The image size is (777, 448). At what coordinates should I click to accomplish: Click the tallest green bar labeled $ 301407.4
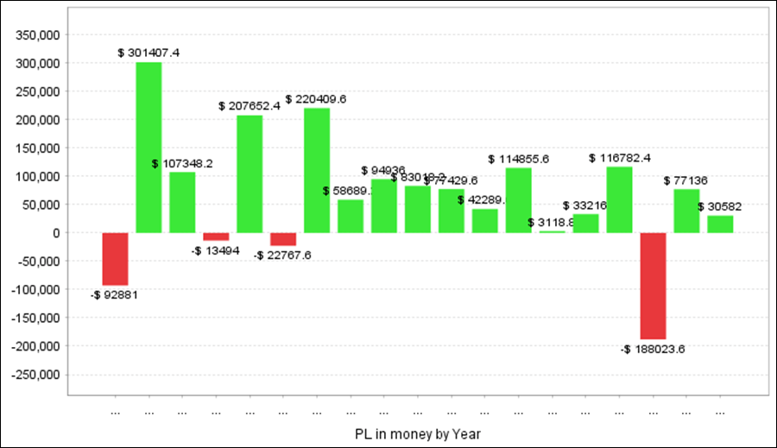click(x=148, y=147)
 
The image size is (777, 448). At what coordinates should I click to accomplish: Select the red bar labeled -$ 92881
click(x=115, y=258)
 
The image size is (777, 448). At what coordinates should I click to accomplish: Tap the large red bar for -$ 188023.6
click(x=653, y=286)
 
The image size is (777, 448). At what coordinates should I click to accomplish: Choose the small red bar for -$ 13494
click(x=216, y=237)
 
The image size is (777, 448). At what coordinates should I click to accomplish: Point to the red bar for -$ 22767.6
click(x=283, y=239)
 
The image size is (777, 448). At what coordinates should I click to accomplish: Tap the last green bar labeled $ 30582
click(x=720, y=224)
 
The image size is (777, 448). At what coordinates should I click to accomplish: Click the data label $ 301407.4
click(x=148, y=53)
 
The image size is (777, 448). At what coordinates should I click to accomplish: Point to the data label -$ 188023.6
click(x=653, y=350)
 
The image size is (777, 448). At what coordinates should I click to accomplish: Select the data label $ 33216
click(x=585, y=205)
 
